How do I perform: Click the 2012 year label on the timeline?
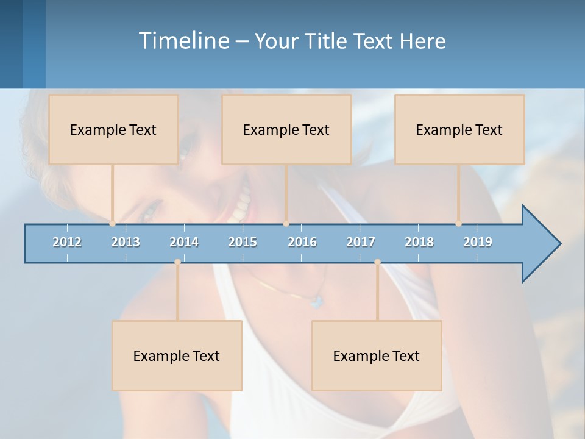pyautogui.click(x=67, y=242)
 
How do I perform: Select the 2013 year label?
pyautogui.click(x=126, y=242)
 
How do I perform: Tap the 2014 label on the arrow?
pyautogui.click(x=184, y=242)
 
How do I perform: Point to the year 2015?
pyautogui.click(x=243, y=242)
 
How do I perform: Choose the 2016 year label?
pyautogui.click(x=302, y=242)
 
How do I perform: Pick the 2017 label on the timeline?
pyautogui.click(x=361, y=242)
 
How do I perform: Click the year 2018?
pyautogui.click(x=419, y=242)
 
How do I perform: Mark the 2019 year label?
pyautogui.click(x=478, y=242)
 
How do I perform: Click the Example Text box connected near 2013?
pyautogui.click(x=113, y=129)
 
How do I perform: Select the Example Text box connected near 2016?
pyautogui.click(x=286, y=129)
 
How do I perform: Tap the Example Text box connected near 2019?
pyautogui.click(x=459, y=129)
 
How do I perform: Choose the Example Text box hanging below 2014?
pyautogui.click(x=177, y=355)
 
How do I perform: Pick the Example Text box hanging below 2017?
pyautogui.click(x=377, y=355)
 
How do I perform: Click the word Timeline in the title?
pyautogui.click(x=183, y=40)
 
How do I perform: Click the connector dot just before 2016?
pyautogui.click(x=286, y=223)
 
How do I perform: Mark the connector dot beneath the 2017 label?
pyautogui.click(x=377, y=262)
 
